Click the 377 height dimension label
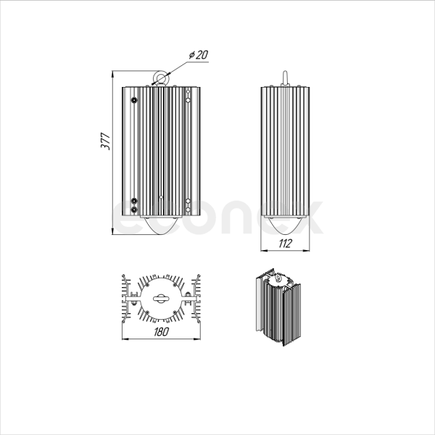[106, 141]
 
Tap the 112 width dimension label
[285, 244]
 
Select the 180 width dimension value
[161, 331]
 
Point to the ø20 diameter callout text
[199, 54]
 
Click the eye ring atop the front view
[160, 78]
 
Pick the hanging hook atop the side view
[285, 79]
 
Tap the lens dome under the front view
[161, 225]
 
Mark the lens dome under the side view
[285, 225]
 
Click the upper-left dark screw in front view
[134, 100]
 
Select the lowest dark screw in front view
[134, 210]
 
